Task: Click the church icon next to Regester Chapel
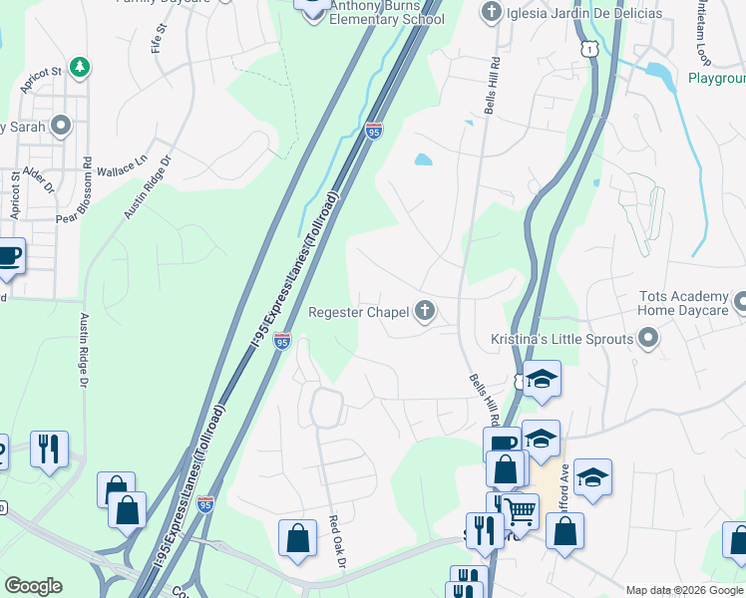point(426,312)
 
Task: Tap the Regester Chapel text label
point(358,313)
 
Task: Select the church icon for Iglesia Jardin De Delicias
point(490,12)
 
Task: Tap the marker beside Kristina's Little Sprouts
point(649,340)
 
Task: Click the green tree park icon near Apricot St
point(78,68)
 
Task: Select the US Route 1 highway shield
point(591,48)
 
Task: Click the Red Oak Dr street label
point(337,542)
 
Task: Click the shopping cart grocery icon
point(520,511)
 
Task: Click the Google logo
point(33,586)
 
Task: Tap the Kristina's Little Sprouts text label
point(562,340)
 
